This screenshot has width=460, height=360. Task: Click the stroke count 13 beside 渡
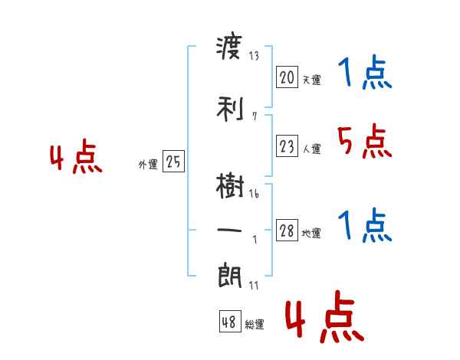click(x=254, y=56)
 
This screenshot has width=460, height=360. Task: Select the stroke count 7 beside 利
click(x=254, y=116)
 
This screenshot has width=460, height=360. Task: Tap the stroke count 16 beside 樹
click(x=254, y=194)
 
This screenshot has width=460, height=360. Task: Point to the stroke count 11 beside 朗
click(x=254, y=285)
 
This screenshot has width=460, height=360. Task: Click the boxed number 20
click(x=287, y=77)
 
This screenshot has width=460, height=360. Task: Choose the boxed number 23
click(x=287, y=147)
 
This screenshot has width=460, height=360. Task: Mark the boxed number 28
click(x=287, y=231)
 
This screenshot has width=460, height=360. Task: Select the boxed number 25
click(x=173, y=162)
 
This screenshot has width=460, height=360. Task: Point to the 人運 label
click(x=311, y=149)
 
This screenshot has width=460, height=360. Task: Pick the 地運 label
click(x=311, y=234)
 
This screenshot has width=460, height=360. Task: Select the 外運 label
click(x=148, y=164)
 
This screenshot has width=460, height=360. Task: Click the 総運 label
click(x=255, y=325)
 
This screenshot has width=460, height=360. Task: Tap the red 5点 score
click(x=362, y=141)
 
